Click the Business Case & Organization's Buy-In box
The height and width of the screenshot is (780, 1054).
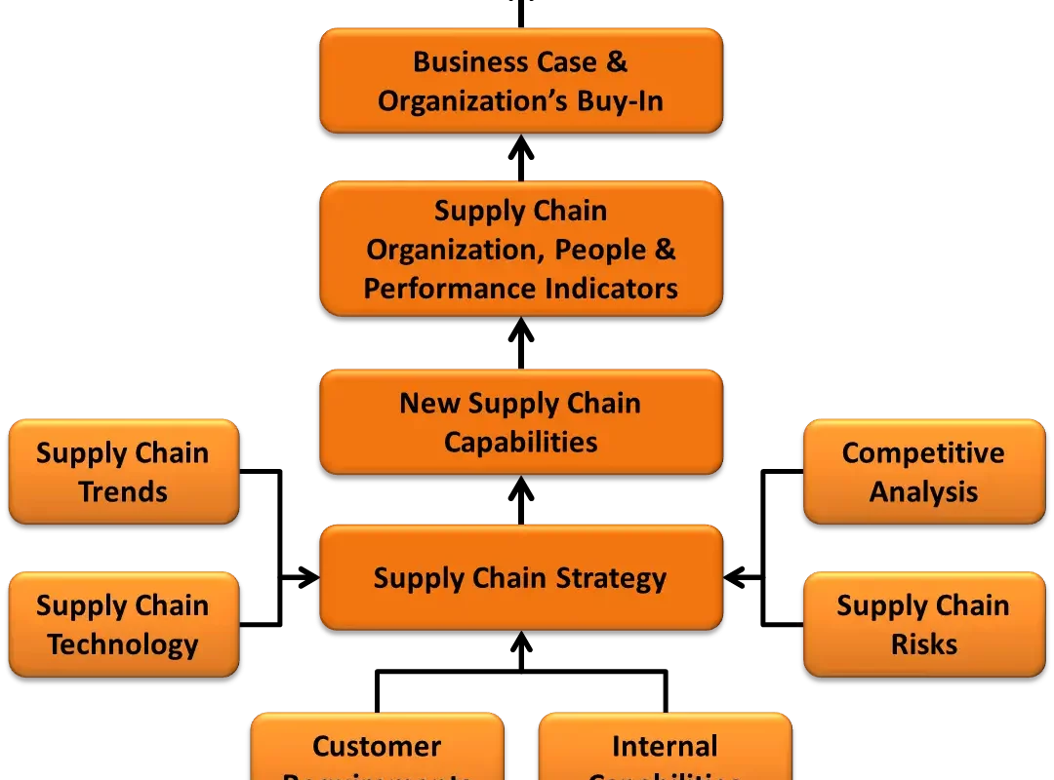(x=520, y=80)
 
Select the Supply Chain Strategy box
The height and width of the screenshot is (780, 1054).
(x=520, y=577)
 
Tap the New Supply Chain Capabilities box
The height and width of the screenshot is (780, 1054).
(x=520, y=421)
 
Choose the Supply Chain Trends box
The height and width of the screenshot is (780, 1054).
(x=123, y=472)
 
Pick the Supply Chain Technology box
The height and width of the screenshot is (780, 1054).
(x=123, y=624)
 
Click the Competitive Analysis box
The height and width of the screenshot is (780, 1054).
(x=923, y=472)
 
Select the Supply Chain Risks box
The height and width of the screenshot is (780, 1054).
(x=923, y=624)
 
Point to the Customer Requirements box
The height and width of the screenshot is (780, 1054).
(x=377, y=751)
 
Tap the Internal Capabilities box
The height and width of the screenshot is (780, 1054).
(x=665, y=751)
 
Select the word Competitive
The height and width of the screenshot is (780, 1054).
(x=923, y=453)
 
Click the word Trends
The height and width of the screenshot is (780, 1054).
(x=123, y=491)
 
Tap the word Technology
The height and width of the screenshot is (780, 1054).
(x=123, y=644)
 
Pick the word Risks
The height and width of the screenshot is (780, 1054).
(x=923, y=644)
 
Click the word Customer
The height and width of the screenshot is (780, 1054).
(x=377, y=747)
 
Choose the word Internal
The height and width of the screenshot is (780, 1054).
(x=665, y=747)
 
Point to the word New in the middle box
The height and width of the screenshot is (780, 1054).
(x=429, y=403)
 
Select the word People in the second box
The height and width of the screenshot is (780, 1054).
(x=599, y=250)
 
